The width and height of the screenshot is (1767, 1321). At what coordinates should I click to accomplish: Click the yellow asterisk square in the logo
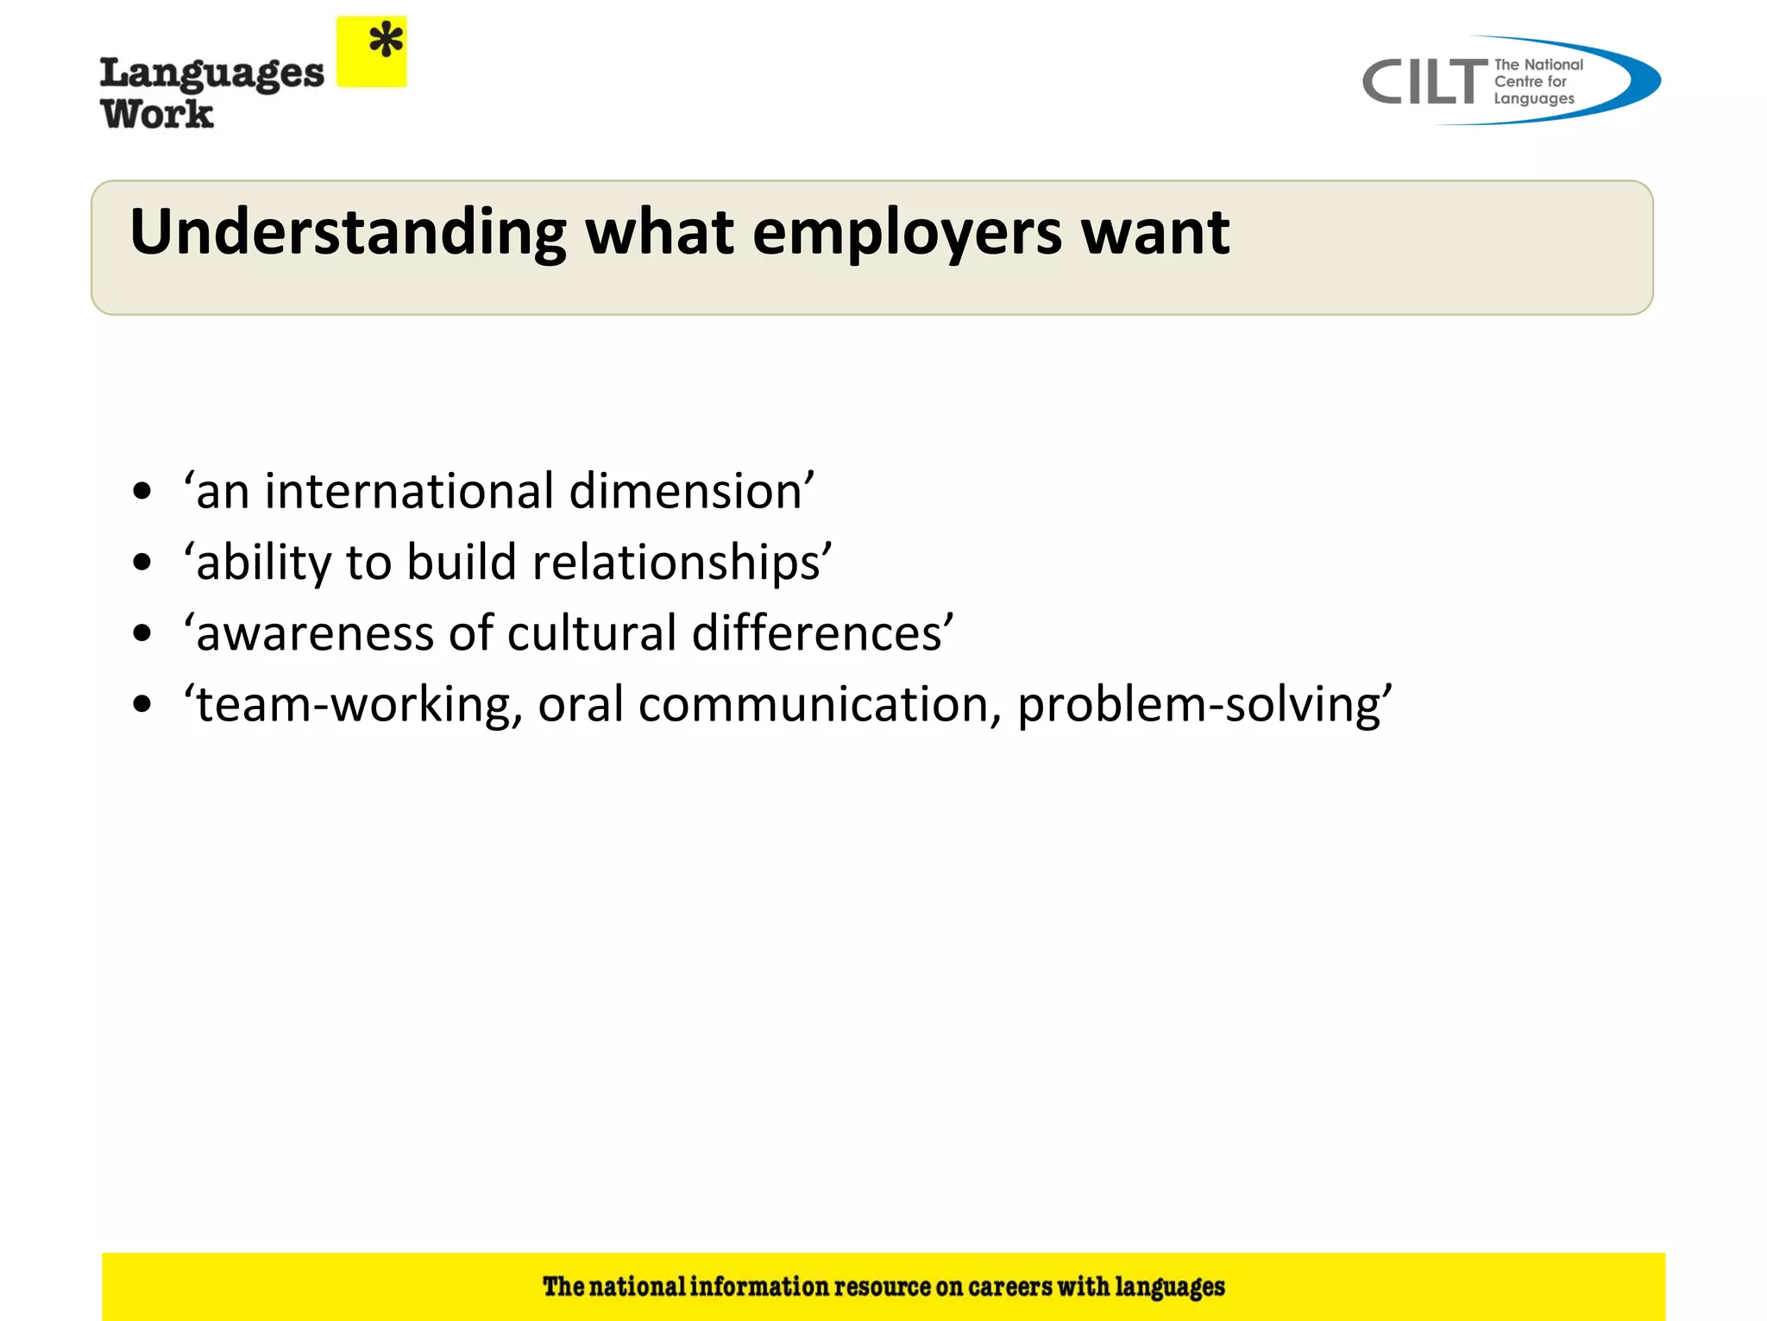point(371,52)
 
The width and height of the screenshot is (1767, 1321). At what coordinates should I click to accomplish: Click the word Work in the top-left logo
point(157,114)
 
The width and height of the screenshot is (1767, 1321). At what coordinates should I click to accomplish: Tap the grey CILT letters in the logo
point(1424,83)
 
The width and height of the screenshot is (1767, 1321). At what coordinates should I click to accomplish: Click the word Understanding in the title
point(348,233)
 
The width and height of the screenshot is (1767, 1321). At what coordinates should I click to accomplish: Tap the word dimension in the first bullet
point(686,491)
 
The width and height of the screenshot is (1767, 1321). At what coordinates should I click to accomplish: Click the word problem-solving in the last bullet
point(1199,705)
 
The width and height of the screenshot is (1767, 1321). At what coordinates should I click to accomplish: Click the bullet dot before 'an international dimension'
point(142,492)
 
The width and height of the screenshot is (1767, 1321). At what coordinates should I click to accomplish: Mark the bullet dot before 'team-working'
point(142,705)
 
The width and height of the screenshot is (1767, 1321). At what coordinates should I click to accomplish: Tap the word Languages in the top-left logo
point(212,74)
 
